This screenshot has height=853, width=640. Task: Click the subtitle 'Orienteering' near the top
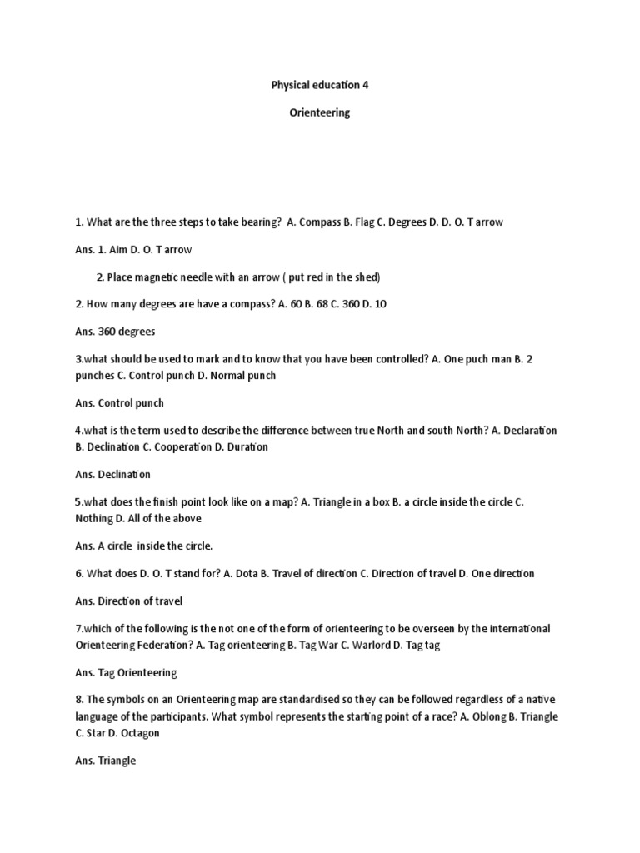tap(320, 113)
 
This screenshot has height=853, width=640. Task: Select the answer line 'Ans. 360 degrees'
tap(115, 331)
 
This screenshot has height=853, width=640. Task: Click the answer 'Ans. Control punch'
tap(119, 402)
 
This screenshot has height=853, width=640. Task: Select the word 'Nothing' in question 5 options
tap(93, 518)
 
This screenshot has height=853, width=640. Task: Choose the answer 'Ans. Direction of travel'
tap(128, 601)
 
